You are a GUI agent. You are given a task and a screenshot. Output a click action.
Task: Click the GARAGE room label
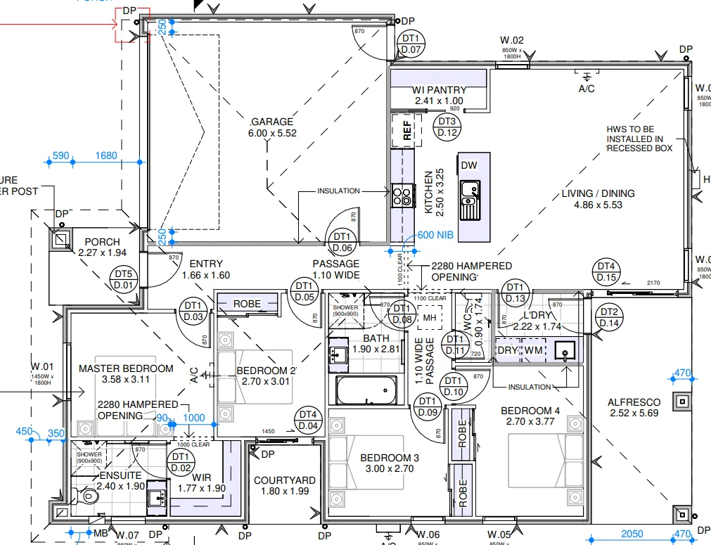pyautogui.click(x=272, y=121)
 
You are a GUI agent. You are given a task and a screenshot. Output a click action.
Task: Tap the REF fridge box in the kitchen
pyautogui.click(x=406, y=132)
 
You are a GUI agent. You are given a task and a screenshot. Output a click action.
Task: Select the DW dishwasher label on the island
pyautogui.click(x=469, y=165)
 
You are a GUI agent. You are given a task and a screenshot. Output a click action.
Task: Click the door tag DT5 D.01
pyautogui.click(x=123, y=279)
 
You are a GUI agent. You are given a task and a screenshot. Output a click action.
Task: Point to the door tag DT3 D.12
pyautogui.click(x=448, y=127)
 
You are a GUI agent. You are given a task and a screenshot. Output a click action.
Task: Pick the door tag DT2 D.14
pyautogui.click(x=608, y=317)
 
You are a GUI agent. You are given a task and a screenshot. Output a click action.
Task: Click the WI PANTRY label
pyautogui.click(x=439, y=90)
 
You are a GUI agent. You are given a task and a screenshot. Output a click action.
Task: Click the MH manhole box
pyautogui.click(x=428, y=319)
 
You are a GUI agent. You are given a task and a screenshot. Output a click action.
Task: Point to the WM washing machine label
pyautogui.click(x=534, y=350)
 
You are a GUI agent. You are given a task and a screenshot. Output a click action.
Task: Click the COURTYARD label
pyautogui.click(x=284, y=481)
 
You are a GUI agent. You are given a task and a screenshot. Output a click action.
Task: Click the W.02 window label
pyautogui.click(x=512, y=41)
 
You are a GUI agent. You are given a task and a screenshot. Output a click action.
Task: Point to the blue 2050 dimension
pyautogui.click(x=632, y=534)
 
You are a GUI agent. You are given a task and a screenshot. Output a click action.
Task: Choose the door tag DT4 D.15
pyautogui.click(x=606, y=272)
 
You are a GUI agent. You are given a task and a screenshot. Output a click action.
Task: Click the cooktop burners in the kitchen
pyautogui.click(x=402, y=195)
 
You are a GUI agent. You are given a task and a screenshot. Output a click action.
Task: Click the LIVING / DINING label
pyautogui.click(x=598, y=193)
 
